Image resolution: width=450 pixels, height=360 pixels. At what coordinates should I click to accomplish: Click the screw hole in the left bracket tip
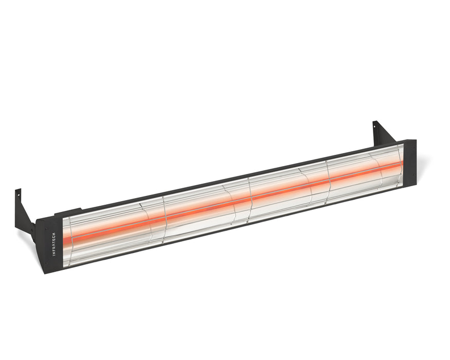click(17, 194)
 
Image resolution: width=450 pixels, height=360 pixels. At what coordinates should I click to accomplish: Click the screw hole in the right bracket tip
click(376, 125)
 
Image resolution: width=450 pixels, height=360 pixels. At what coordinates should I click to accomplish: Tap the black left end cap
click(49, 244)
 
